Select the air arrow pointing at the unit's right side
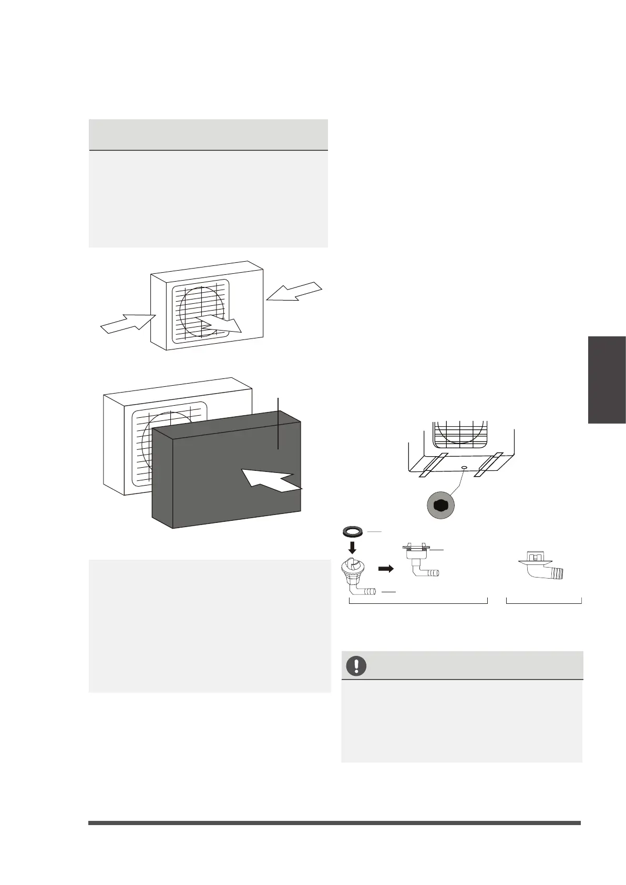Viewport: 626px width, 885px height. point(295,292)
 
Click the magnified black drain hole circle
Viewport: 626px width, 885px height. point(440,505)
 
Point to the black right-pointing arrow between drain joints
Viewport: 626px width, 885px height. point(386,569)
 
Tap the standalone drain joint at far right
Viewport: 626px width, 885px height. point(541,566)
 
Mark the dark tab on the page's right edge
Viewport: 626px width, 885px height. point(607,379)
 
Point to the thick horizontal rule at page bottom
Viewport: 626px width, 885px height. point(334,823)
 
